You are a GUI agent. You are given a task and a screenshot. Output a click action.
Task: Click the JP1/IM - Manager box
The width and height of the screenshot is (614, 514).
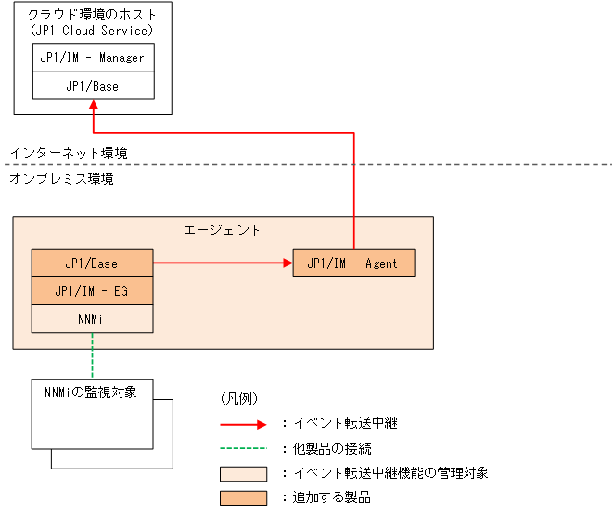pos(93,58)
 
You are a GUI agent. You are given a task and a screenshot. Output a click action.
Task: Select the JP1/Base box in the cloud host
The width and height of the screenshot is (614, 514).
pos(93,86)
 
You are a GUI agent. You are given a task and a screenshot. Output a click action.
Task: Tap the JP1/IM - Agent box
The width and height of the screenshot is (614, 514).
pos(352,263)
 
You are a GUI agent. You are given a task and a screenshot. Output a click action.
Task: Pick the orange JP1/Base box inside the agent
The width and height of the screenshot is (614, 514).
pos(92,263)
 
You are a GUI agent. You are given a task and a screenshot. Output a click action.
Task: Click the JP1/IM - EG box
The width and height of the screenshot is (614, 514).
pos(92,291)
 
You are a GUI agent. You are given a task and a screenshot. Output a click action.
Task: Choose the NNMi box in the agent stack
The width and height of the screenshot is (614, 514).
pos(92,318)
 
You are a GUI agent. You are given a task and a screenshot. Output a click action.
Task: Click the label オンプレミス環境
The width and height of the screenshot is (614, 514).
pos(61,179)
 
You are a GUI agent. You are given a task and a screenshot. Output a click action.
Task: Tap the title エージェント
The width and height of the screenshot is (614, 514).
pos(223,229)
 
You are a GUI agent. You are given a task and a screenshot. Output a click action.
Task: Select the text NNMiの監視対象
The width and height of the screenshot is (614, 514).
pos(91,392)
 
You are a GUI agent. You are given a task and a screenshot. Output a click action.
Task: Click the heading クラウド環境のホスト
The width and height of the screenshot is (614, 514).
pos(93,16)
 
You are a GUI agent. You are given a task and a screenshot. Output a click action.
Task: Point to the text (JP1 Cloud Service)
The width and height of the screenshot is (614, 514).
pos(93,31)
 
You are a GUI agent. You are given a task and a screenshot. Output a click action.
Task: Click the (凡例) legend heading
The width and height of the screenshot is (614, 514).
pos(238,399)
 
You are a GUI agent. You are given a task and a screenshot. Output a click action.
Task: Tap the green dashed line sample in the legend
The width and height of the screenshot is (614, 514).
pos(243,448)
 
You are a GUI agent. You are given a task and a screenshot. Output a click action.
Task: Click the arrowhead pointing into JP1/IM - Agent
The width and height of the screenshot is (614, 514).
pos(287,263)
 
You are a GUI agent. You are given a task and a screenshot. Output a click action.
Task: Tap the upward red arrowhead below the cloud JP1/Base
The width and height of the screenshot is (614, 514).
pos(93,107)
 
